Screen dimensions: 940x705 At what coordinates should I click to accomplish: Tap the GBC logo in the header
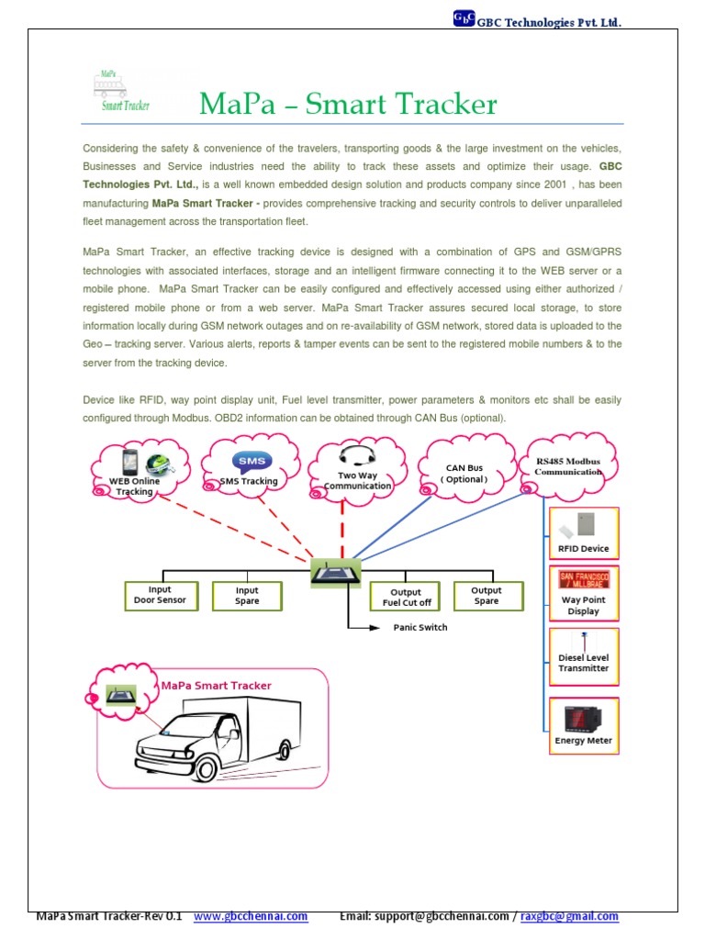click(463, 17)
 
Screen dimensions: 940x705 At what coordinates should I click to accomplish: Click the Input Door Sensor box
click(160, 595)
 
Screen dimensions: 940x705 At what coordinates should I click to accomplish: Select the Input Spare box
click(247, 596)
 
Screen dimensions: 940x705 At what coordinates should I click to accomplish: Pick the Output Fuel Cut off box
click(406, 597)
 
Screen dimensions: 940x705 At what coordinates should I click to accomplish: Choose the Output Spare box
click(487, 596)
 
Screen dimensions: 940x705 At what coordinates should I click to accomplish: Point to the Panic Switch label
click(420, 628)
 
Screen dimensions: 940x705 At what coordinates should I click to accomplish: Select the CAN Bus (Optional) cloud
click(464, 474)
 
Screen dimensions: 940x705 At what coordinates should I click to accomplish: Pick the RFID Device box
click(583, 533)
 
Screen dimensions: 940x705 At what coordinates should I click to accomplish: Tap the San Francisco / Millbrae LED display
click(583, 579)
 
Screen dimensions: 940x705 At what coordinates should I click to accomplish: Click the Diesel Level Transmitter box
click(583, 655)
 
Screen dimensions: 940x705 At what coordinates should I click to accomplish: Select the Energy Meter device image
click(583, 717)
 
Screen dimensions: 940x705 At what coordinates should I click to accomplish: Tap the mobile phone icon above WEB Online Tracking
click(130, 462)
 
